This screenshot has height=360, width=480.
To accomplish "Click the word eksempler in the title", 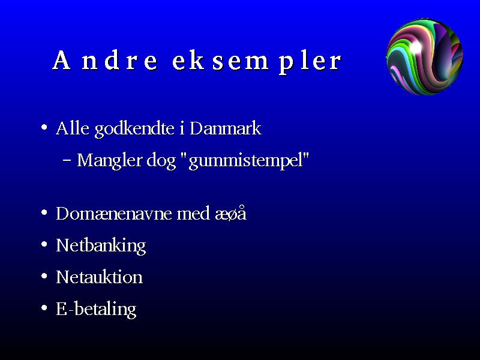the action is pos(257,62).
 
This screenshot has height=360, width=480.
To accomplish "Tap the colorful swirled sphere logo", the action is pos(425,56).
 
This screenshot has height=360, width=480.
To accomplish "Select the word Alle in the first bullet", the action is pos(73,128).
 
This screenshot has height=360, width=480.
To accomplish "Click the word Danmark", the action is pos(226,128).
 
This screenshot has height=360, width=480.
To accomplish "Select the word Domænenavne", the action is pos(113,214).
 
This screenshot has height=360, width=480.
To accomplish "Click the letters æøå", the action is pos(231,213).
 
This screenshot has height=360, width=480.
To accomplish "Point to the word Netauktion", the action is pos(99,277).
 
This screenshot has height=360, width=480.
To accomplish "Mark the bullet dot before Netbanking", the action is pos(44,244).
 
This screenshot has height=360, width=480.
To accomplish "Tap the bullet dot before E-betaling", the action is pos(44,308).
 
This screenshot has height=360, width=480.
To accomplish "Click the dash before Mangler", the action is pos(67,160).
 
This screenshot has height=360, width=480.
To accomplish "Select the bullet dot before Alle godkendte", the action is pos(44,127).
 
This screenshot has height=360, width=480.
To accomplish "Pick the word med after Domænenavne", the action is pos(193,214).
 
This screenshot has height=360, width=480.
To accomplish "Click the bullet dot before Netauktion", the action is pos(44,276).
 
